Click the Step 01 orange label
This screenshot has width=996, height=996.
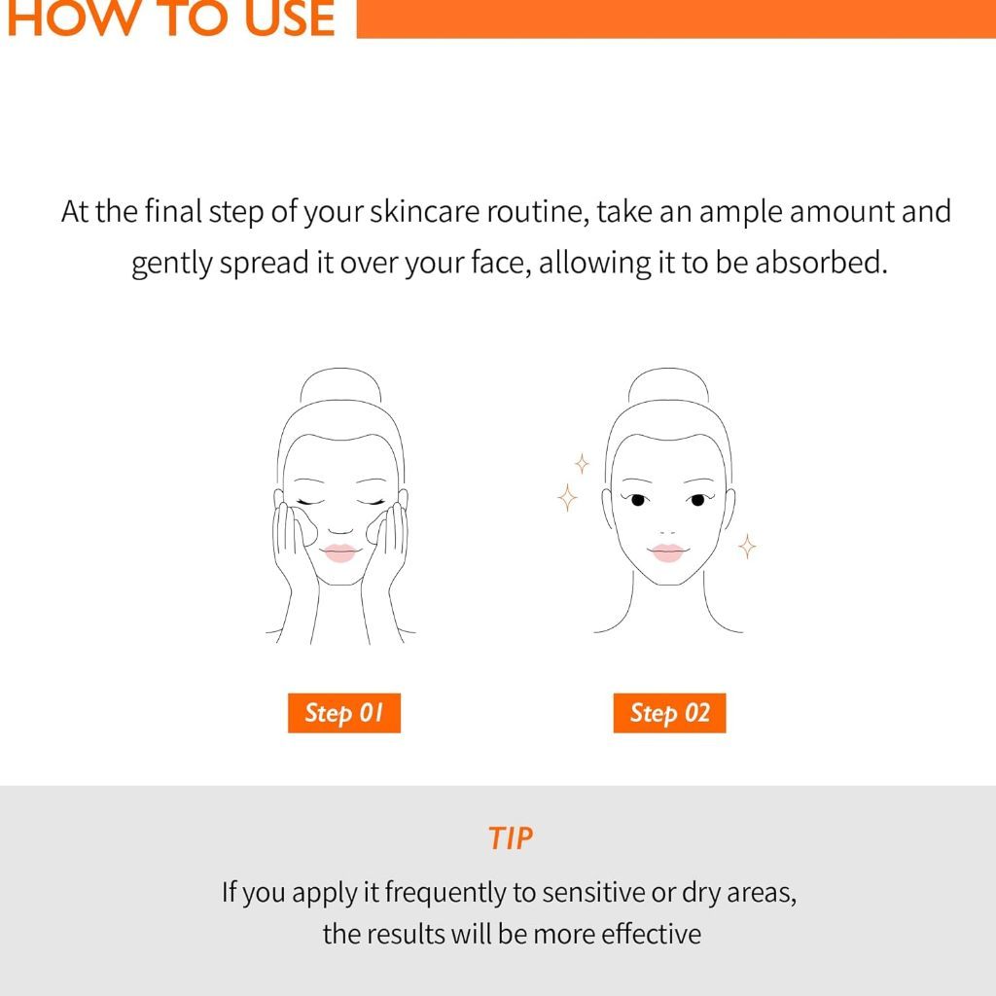(344, 713)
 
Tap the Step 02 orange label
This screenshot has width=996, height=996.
(669, 713)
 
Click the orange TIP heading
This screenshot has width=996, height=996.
(511, 838)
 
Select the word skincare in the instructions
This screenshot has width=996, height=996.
(425, 211)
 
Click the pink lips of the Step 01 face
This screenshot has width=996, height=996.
(339, 552)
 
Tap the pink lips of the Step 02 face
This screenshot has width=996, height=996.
(667, 552)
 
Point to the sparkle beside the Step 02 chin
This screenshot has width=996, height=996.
(747, 547)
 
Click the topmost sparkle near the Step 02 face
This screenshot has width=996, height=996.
(582, 464)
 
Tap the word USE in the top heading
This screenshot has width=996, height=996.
(290, 18)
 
